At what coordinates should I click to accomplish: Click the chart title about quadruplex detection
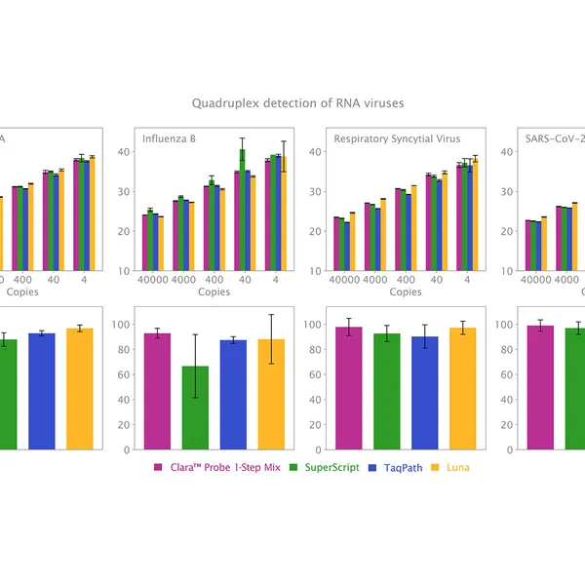[x=297, y=102]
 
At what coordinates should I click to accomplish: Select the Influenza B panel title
[x=169, y=138]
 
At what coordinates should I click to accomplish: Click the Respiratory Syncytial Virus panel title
[x=397, y=138]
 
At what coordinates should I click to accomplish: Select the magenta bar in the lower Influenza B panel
[x=157, y=391]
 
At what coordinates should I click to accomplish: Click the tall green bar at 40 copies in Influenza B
[x=242, y=210]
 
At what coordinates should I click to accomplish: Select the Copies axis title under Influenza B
[x=214, y=292]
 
